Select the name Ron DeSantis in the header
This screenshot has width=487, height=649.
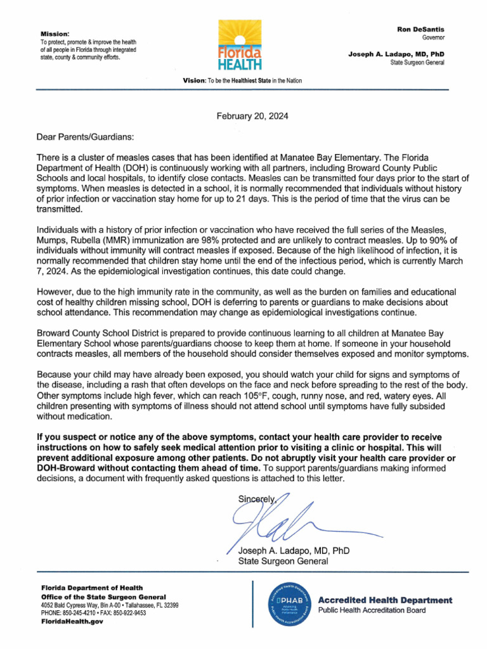(x=420, y=29)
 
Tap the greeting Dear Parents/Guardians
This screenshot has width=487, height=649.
(x=86, y=136)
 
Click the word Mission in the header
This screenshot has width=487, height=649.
(x=55, y=33)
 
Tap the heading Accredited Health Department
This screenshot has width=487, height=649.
(x=385, y=600)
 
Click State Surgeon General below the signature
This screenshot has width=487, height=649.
(x=283, y=561)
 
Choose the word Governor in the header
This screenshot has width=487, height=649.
(x=431, y=38)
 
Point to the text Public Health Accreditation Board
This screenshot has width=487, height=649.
(x=372, y=610)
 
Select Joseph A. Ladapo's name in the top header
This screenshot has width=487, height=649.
(x=396, y=55)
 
